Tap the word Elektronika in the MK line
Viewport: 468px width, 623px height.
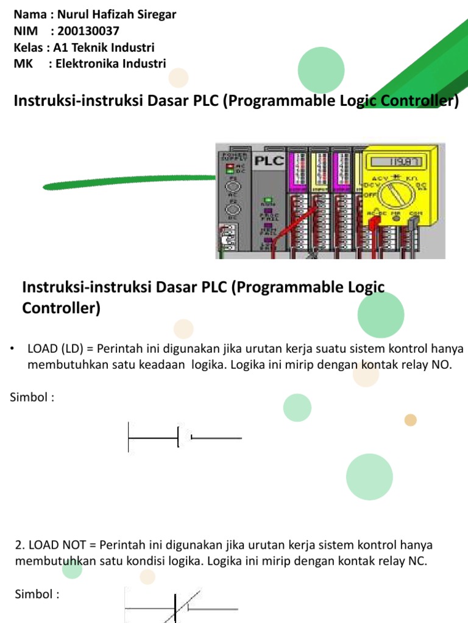click(85, 63)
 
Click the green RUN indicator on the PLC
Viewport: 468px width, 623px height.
click(267, 200)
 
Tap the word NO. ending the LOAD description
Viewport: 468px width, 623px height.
click(443, 365)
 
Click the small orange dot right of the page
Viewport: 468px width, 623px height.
click(411, 419)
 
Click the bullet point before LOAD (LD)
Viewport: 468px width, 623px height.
click(13, 349)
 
